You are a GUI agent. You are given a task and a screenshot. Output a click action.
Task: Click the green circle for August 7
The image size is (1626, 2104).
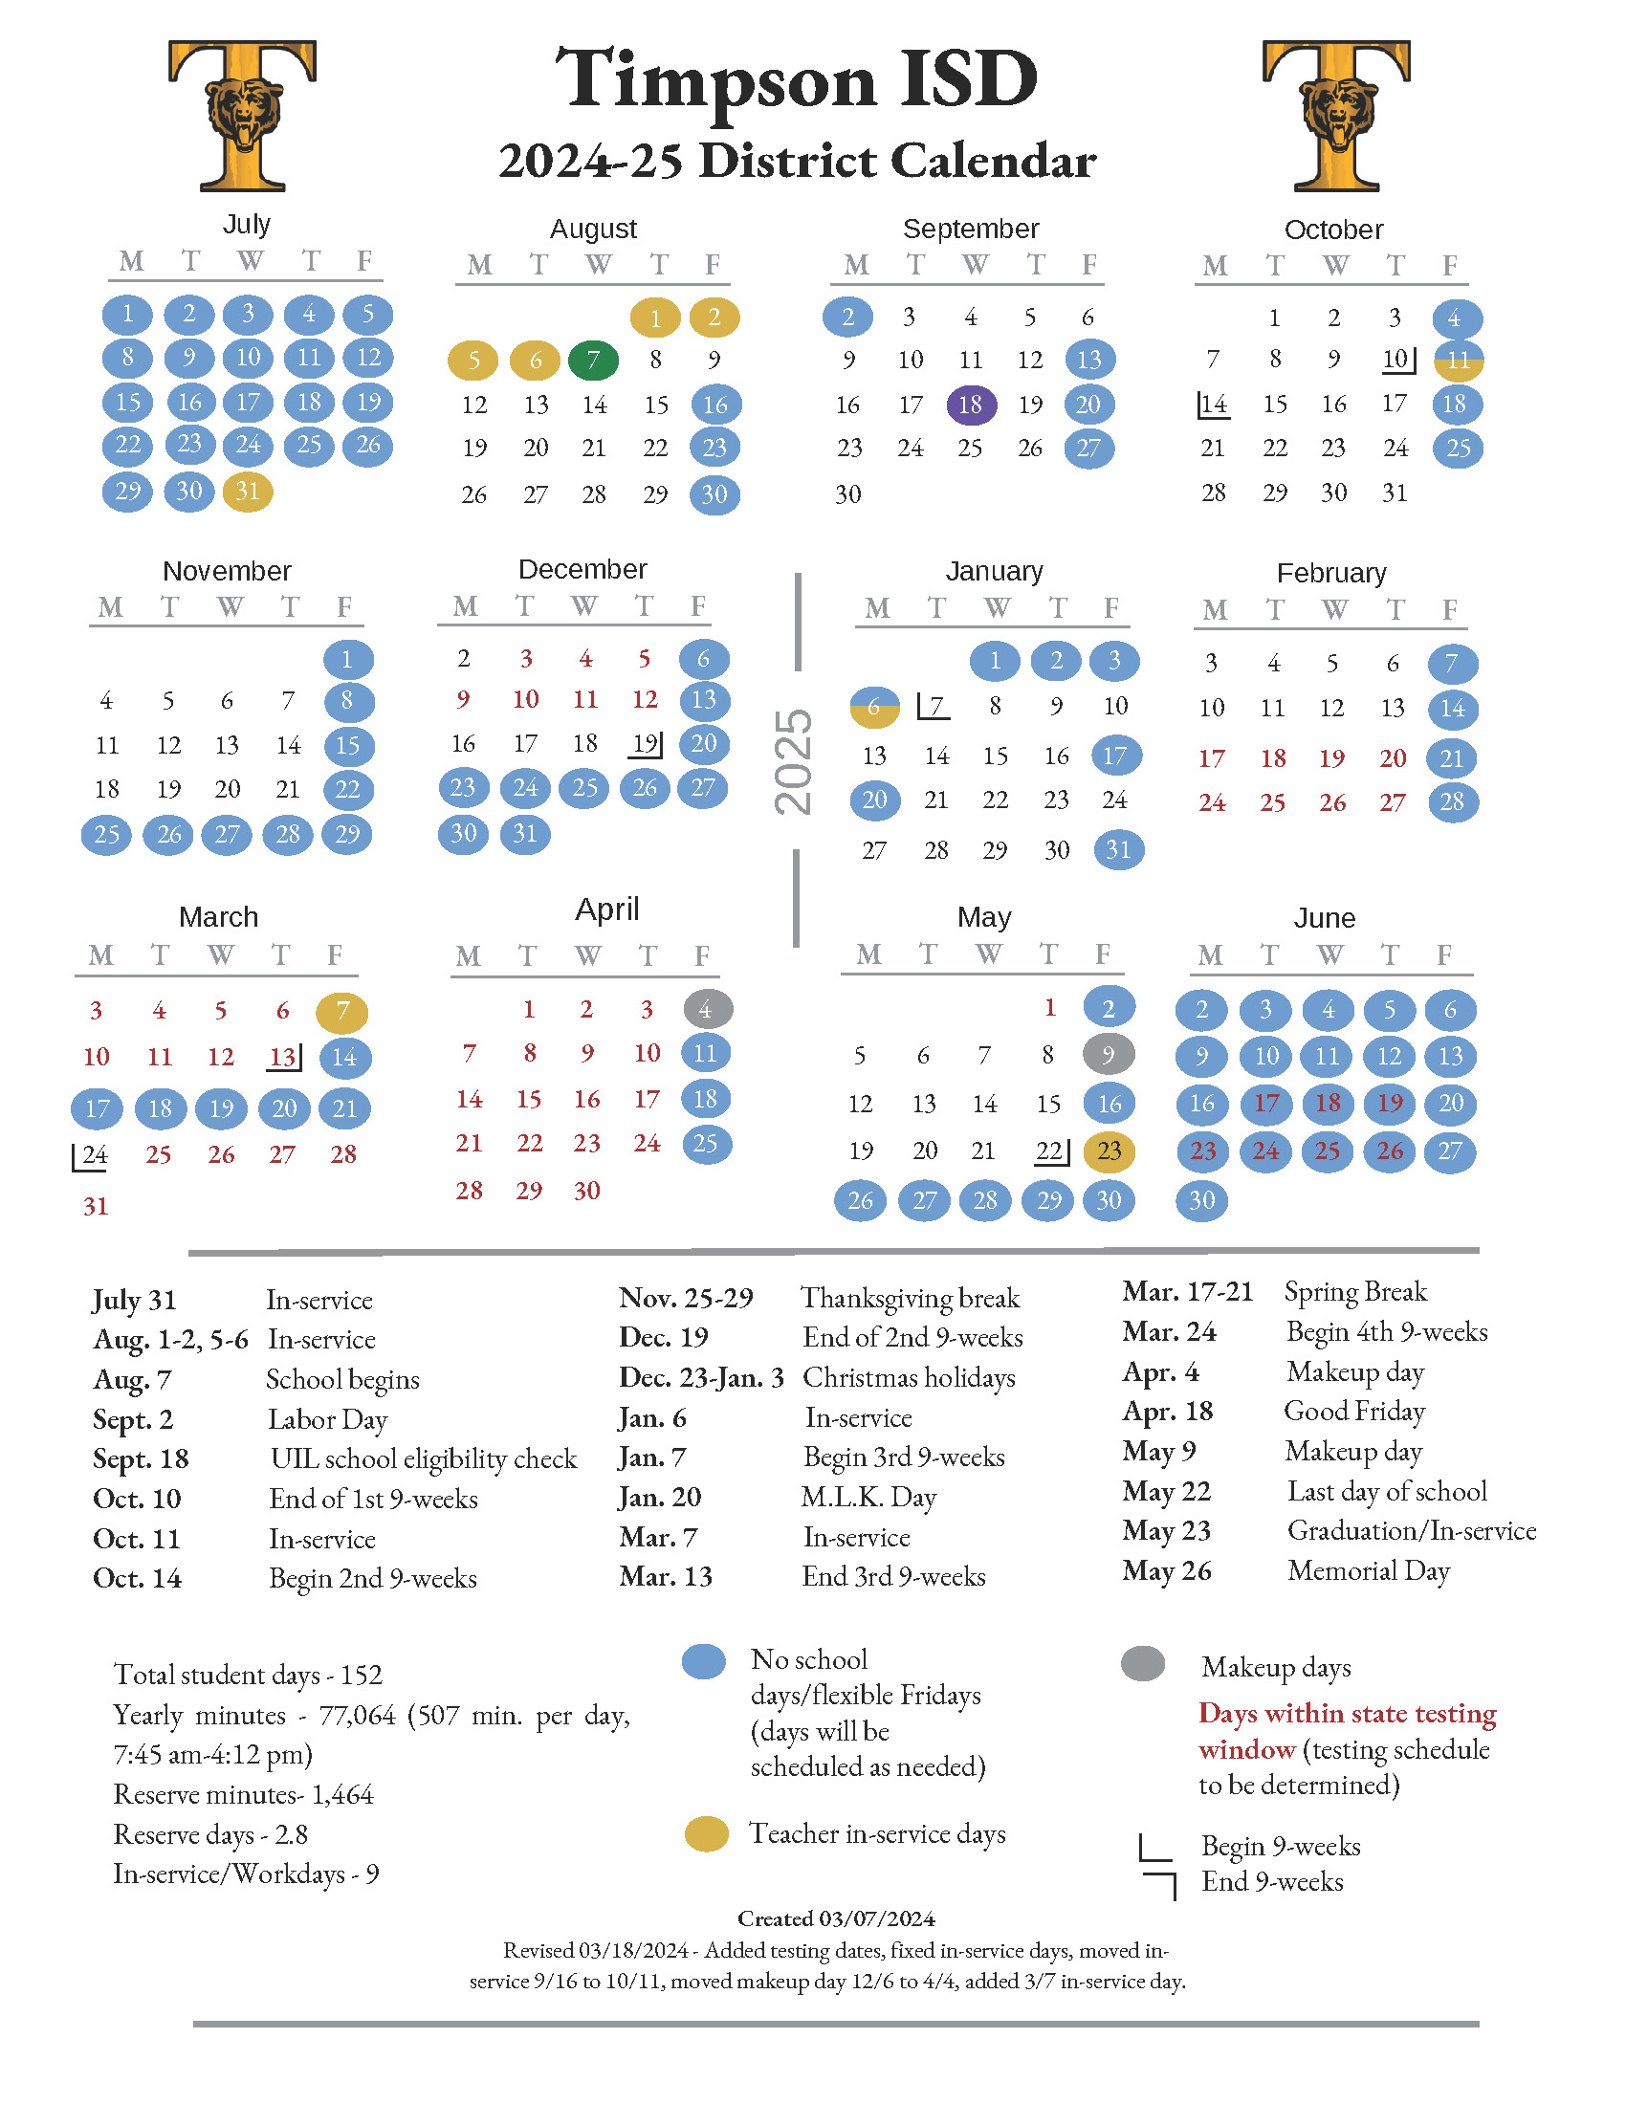pos(593,361)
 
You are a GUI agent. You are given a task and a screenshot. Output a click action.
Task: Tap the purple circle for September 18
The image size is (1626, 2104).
pos(971,405)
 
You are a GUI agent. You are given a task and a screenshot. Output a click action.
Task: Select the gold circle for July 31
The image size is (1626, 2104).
pos(248,492)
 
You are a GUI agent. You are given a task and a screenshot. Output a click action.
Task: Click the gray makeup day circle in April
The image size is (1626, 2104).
pos(708,1009)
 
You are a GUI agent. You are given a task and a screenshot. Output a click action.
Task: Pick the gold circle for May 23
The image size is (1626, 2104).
pos(1110,1151)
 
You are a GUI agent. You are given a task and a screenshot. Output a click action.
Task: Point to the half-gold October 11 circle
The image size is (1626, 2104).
pos(1459,361)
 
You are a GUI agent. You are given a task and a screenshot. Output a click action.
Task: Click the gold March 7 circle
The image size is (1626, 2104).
pos(342,1012)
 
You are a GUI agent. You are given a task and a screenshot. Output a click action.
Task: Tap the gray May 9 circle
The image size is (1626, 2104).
pos(1109,1054)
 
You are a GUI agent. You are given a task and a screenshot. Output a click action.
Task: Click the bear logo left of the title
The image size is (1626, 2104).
pos(243,116)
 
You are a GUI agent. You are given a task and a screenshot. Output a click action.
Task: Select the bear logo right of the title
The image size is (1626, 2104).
pos(1337,116)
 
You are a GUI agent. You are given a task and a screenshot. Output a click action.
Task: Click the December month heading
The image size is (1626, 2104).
pos(582,569)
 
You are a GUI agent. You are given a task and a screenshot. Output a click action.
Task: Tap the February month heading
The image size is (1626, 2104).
pos(1331,573)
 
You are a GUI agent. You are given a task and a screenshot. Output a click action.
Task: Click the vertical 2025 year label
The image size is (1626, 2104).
pos(795,761)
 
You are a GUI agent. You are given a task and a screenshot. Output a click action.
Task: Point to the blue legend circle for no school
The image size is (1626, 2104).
pos(704,1662)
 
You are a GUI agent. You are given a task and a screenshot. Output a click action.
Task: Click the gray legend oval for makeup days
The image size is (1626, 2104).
pos(1143,1664)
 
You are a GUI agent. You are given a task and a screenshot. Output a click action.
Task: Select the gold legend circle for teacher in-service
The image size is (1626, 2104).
pos(706,1834)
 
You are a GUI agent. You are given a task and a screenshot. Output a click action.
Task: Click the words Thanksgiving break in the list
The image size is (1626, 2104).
pos(911,1298)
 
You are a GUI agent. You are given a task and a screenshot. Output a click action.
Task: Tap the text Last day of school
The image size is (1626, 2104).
pos(1387,1491)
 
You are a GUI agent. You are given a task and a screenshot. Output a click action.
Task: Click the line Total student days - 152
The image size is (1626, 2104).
pos(248,1675)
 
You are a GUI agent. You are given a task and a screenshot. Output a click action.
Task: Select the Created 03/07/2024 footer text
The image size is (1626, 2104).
pos(836,1918)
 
